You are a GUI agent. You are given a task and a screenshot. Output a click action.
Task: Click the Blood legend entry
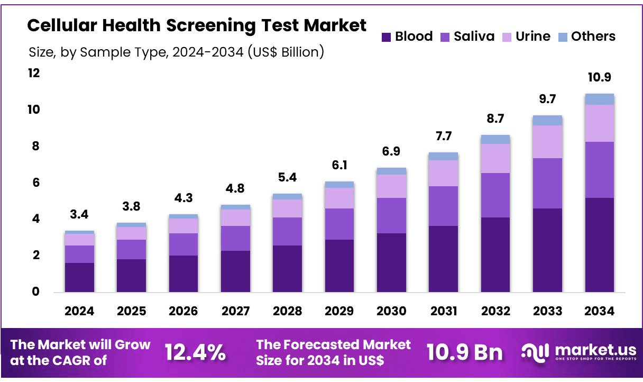point(407,37)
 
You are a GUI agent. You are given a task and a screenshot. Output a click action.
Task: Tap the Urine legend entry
point(526,37)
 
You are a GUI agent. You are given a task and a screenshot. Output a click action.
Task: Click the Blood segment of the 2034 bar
point(599,244)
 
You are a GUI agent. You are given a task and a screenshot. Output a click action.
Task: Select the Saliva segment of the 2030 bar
point(391,215)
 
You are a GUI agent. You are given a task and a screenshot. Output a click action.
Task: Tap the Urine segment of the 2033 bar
point(547,141)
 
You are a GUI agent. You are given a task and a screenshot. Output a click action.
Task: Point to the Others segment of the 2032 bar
point(495,139)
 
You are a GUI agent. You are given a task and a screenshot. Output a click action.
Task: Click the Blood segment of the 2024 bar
point(79,277)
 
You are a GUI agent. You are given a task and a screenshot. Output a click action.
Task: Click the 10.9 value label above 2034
point(599,78)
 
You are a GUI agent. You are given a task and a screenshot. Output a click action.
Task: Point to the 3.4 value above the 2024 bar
point(79,215)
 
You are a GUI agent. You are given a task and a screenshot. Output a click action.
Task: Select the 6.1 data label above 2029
point(339,166)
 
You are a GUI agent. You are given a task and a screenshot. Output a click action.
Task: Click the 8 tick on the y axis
point(35,146)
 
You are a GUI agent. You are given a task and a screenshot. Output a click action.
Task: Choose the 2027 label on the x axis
point(235,311)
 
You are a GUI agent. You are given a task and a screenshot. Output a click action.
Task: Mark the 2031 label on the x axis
point(443,311)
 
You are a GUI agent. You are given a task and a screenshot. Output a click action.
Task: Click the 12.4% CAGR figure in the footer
point(195,352)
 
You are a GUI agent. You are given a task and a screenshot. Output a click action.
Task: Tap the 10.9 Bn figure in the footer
point(464,352)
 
